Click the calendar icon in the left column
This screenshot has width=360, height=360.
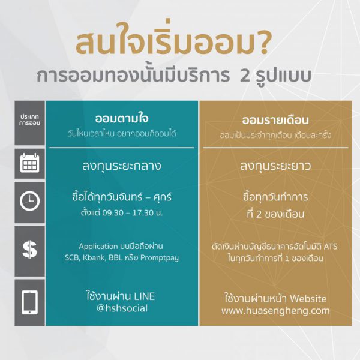tap(29, 163)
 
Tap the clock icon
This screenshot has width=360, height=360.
tap(29, 201)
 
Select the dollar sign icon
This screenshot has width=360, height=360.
tap(29, 250)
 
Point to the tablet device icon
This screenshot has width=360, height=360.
tap(29, 302)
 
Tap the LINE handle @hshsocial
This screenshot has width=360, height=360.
tap(122, 308)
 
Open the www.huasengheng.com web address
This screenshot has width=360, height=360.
tap(275, 311)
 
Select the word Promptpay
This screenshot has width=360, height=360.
tap(160, 258)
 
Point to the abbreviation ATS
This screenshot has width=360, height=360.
tap(331, 247)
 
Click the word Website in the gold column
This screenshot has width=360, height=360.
tap(308, 299)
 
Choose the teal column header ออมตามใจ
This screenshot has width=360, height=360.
tap(122, 118)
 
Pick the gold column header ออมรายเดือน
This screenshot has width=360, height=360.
tap(275, 120)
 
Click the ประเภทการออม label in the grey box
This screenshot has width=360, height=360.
tap(29, 120)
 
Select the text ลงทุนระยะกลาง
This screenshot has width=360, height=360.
tap(122, 166)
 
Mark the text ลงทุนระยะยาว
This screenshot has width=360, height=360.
tap(275, 166)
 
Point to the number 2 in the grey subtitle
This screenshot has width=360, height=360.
tap(245, 76)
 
